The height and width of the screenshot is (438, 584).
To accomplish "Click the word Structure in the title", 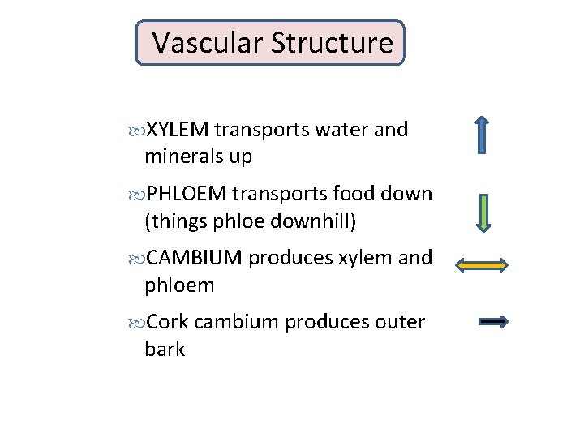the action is point(332,43).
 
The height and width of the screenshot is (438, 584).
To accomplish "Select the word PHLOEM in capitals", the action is point(187,194).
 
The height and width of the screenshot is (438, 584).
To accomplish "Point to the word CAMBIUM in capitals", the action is point(194,258).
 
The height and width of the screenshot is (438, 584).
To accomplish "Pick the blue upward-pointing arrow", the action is point(482,135).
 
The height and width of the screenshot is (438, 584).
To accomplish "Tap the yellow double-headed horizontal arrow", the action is point(482,264).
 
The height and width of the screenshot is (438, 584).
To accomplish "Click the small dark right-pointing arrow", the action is point(493,322).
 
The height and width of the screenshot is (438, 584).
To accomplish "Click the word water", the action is point(343,130).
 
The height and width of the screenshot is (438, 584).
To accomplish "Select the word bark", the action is point(165,350).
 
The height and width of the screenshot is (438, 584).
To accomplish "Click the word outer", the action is point(400,322).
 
